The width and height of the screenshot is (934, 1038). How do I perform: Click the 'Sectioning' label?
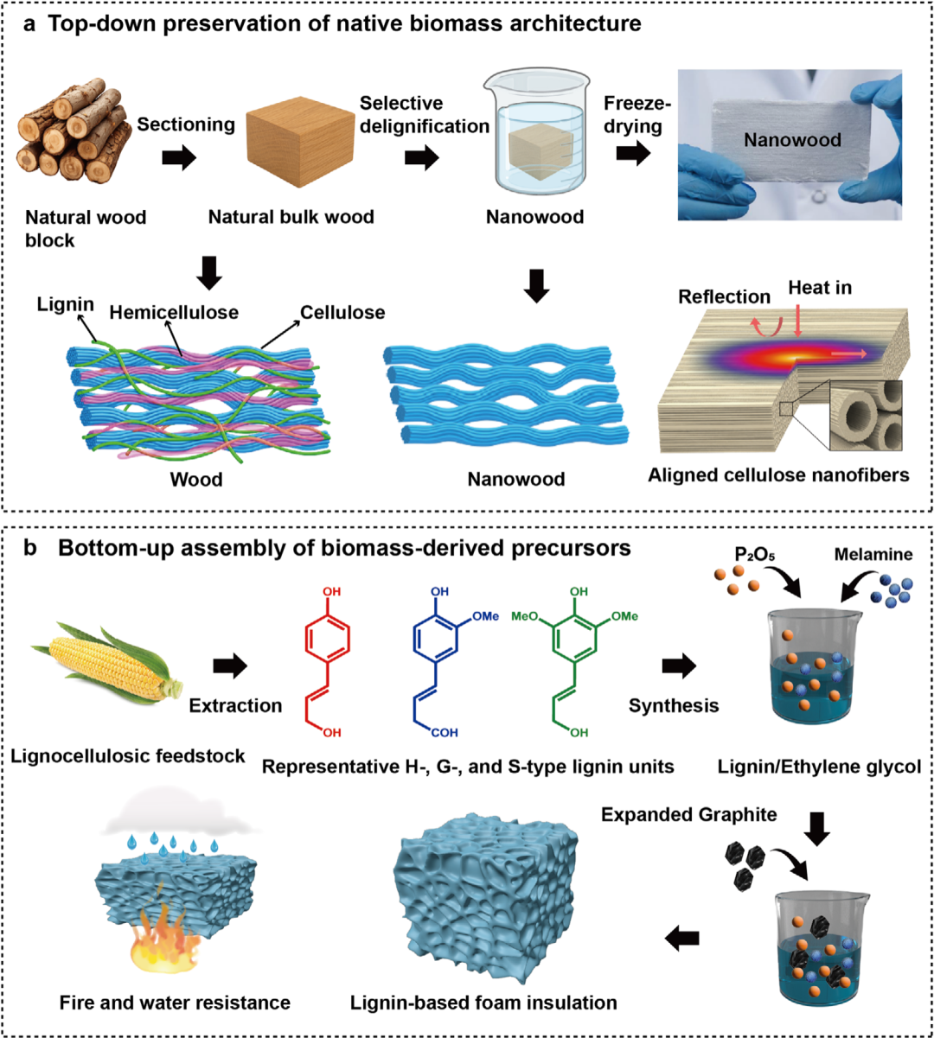(x=185, y=124)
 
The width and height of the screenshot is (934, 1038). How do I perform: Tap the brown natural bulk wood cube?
(x=300, y=141)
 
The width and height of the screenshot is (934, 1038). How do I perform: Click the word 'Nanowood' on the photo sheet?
(x=792, y=140)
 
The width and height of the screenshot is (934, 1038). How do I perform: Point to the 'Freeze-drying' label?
(x=637, y=114)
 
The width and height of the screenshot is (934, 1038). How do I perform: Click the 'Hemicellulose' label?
(x=174, y=313)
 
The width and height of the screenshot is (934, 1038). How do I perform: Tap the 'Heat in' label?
(x=820, y=288)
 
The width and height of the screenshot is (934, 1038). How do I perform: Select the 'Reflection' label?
(x=724, y=297)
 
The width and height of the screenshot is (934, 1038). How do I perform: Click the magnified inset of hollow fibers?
(x=866, y=416)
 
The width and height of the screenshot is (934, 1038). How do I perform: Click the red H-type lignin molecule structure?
(x=326, y=662)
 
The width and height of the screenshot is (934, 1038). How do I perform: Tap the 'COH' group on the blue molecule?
(x=445, y=733)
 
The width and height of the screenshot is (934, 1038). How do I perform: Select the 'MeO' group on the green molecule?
(x=525, y=616)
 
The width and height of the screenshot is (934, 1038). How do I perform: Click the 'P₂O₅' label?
(x=755, y=555)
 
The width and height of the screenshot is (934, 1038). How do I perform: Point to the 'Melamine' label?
(x=873, y=554)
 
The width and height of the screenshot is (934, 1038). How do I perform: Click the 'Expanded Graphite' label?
(x=689, y=814)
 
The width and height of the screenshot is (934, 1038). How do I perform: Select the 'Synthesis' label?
(x=674, y=705)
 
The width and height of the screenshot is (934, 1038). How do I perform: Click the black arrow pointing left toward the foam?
(x=681, y=938)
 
